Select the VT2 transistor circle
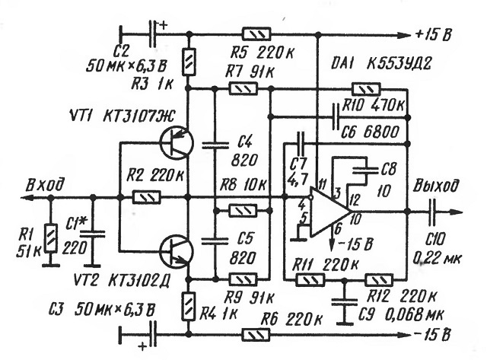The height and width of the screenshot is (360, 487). [x=176, y=251]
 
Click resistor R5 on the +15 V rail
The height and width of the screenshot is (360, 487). [x=256, y=34]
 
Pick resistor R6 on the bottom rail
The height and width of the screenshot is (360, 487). [x=256, y=335]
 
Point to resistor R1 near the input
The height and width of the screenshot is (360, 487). [x=51, y=238]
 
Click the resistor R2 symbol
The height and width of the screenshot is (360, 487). [x=147, y=198]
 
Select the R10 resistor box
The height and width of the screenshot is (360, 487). [x=366, y=89]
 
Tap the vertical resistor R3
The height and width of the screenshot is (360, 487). [x=189, y=62]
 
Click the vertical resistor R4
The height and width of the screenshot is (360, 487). [x=188, y=306]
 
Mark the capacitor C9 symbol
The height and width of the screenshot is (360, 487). [x=344, y=302]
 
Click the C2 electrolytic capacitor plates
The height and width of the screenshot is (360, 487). [x=152, y=34]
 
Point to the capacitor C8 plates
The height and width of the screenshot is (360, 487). [x=366, y=170]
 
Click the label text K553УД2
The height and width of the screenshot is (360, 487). [x=399, y=65]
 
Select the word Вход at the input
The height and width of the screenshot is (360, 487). [x=46, y=185]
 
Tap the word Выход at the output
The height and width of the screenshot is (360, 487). [x=435, y=186]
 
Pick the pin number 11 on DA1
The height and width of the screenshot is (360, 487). [x=322, y=185]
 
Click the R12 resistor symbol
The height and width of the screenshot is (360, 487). [x=379, y=280]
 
